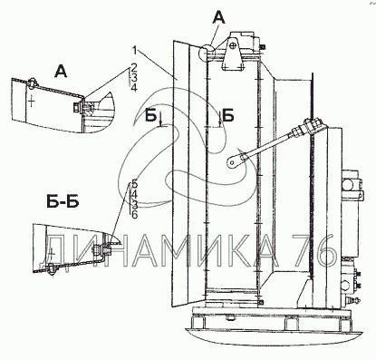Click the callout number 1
click(135, 51)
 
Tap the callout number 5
click(134, 183)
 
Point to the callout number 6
click(134, 215)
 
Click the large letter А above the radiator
click(218, 18)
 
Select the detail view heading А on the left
click(61, 72)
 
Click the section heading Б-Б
click(63, 202)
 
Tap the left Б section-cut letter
click(150, 116)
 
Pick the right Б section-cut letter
click(228, 116)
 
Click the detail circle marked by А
click(207, 53)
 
